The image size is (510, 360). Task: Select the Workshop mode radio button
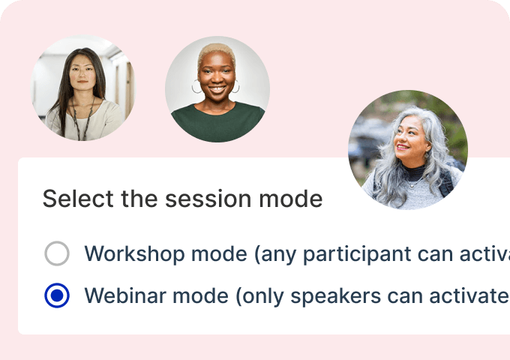tap(57, 253)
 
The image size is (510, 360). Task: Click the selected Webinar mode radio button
tap(57, 295)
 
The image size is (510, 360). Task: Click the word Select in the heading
tap(78, 199)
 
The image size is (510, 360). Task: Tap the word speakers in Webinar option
tap(336, 296)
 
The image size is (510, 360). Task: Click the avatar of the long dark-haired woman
tap(83, 88)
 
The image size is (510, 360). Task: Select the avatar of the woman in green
tap(217, 89)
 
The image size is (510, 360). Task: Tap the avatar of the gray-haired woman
tap(408, 150)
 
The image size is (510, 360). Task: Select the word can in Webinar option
tap(404, 296)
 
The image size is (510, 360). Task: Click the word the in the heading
tap(139, 199)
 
